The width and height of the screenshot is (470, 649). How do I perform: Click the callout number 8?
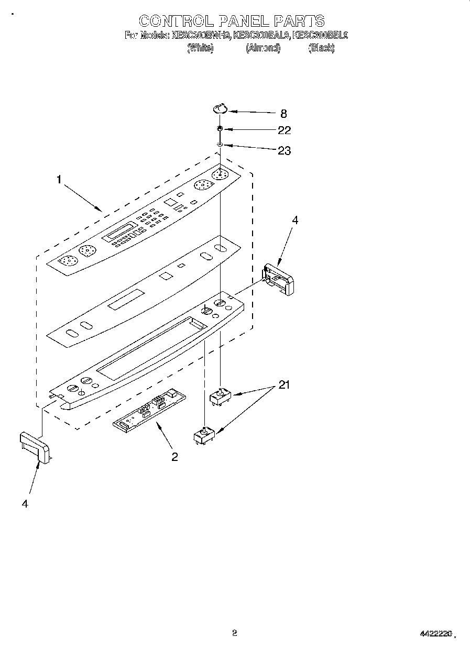coord(283,113)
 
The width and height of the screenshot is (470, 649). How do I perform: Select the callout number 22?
coord(284,130)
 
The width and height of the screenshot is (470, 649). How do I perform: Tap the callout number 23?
coord(284,151)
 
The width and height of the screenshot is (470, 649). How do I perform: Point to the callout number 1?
coord(59,180)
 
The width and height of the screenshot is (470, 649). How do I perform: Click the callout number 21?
coord(283,386)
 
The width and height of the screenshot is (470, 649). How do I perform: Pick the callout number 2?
coord(174,457)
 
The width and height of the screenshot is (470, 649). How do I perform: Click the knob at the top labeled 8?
coord(220,108)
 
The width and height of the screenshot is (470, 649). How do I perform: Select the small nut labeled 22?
coord(221,128)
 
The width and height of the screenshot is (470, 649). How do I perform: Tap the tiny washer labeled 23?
coord(221,145)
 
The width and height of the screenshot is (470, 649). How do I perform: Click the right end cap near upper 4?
coord(279,279)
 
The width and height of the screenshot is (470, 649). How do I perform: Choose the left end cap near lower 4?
coord(35,447)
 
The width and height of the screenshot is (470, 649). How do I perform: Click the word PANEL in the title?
coord(242,21)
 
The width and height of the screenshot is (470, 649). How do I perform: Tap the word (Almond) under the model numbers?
coord(263,48)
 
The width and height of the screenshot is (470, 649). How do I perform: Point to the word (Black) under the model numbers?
coord(321,48)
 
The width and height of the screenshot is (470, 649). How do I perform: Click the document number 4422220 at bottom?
coord(435,634)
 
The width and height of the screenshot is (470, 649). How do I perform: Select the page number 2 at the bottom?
coord(235,633)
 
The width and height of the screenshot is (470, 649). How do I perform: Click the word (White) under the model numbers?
coord(200,48)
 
